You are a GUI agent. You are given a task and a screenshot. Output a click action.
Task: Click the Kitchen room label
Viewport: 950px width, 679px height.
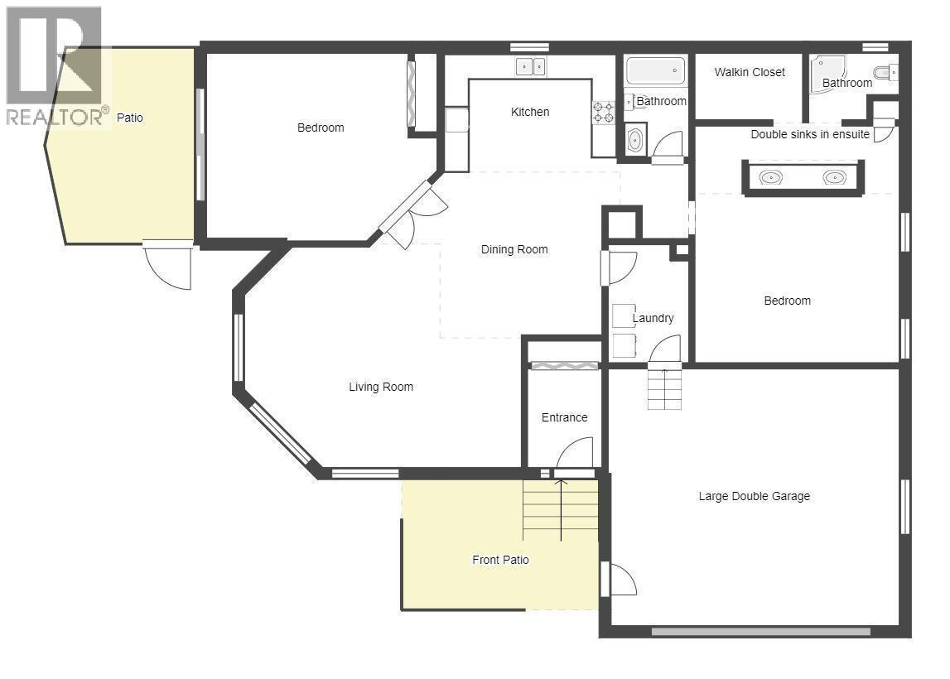[530, 112]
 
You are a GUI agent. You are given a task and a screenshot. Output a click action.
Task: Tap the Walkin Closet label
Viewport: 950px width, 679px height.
[750, 72]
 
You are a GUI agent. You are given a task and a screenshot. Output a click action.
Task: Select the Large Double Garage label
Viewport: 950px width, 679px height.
[754, 496]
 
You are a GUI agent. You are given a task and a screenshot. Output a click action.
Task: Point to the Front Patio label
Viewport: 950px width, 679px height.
[500, 560]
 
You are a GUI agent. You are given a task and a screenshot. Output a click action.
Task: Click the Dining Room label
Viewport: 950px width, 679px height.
[514, 249]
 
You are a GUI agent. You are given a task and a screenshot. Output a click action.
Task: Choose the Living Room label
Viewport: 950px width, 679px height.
[380, 387]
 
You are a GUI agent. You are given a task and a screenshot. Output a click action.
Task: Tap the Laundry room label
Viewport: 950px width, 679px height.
[653, 318]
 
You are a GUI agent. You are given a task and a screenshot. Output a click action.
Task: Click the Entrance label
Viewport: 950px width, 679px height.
[564, 417]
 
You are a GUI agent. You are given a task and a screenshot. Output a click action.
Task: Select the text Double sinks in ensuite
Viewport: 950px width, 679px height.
[810, 134]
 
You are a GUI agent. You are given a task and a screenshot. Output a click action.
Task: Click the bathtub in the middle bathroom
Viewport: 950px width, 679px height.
[655, 71]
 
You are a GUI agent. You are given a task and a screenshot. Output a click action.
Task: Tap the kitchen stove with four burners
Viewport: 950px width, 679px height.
[602, 112]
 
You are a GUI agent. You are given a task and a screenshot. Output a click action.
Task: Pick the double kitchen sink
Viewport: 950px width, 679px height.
[531, 66]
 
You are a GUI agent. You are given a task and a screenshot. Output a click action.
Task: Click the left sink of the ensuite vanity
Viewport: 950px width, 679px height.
[771, 177]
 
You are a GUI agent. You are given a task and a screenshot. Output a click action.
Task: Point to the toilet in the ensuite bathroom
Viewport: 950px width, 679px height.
[885, 73]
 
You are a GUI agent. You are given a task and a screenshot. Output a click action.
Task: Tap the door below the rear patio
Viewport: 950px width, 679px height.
[168, 265]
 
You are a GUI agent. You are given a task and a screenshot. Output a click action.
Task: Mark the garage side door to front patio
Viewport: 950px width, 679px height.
[618, 579]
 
